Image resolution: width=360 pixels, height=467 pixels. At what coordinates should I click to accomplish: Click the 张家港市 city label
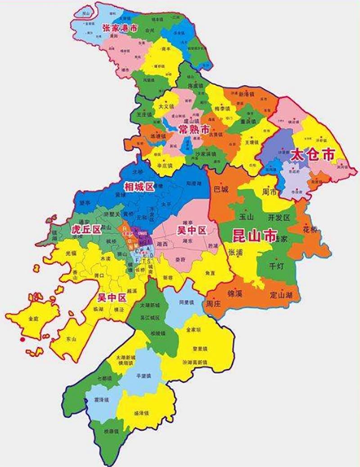(x=119, y=28)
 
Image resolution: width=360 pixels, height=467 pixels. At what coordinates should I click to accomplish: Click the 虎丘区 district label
(x=86, y=230)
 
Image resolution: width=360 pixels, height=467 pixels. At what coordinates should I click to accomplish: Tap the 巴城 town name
(x=221, y=190)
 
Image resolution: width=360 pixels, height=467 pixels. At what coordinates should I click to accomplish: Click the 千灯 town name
(x=275, y=266)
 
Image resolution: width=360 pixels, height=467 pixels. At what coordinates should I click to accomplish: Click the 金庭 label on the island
(x=33, y=318)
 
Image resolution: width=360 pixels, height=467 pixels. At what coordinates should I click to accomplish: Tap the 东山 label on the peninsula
(x=71, y=338)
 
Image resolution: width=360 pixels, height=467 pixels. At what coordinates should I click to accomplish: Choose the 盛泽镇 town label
(x=142, y=412)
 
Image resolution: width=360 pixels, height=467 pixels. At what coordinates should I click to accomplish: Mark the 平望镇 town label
(x=143, y=376)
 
